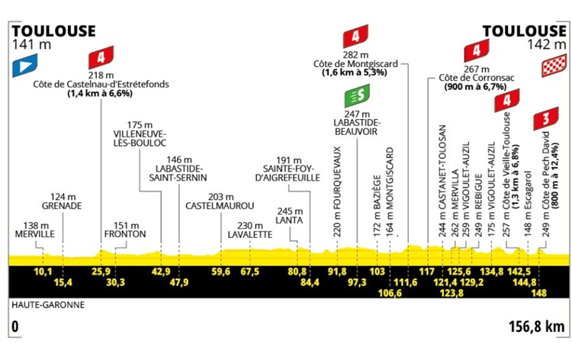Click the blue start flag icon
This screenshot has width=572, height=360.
[25, 66]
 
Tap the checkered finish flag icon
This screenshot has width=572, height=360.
[554, 66]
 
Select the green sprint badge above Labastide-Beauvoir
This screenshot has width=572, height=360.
[357, 95]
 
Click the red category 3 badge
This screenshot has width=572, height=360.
[546, 118]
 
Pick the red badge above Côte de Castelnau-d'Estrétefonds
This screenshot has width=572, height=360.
[101, 58]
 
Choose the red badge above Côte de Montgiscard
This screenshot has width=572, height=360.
[355, 36]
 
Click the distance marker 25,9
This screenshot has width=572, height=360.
[101, 272]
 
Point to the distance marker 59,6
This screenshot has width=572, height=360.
[220, 272]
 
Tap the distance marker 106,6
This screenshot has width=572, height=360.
[390, 293]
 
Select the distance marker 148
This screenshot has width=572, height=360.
[539, 293]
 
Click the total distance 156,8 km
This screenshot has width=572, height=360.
[537, 326]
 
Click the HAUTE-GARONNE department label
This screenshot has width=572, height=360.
[48, 305]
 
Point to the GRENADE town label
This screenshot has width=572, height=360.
[62, 206]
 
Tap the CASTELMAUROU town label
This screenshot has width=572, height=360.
[220, 206]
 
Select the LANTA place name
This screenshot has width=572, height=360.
[289, 220]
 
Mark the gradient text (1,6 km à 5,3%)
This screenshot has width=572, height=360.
[354, 72]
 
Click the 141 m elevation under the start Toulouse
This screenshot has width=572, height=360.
[32, 44]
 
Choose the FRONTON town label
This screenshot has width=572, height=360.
[125, 234]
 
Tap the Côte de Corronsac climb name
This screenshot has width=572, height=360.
[477, 78]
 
